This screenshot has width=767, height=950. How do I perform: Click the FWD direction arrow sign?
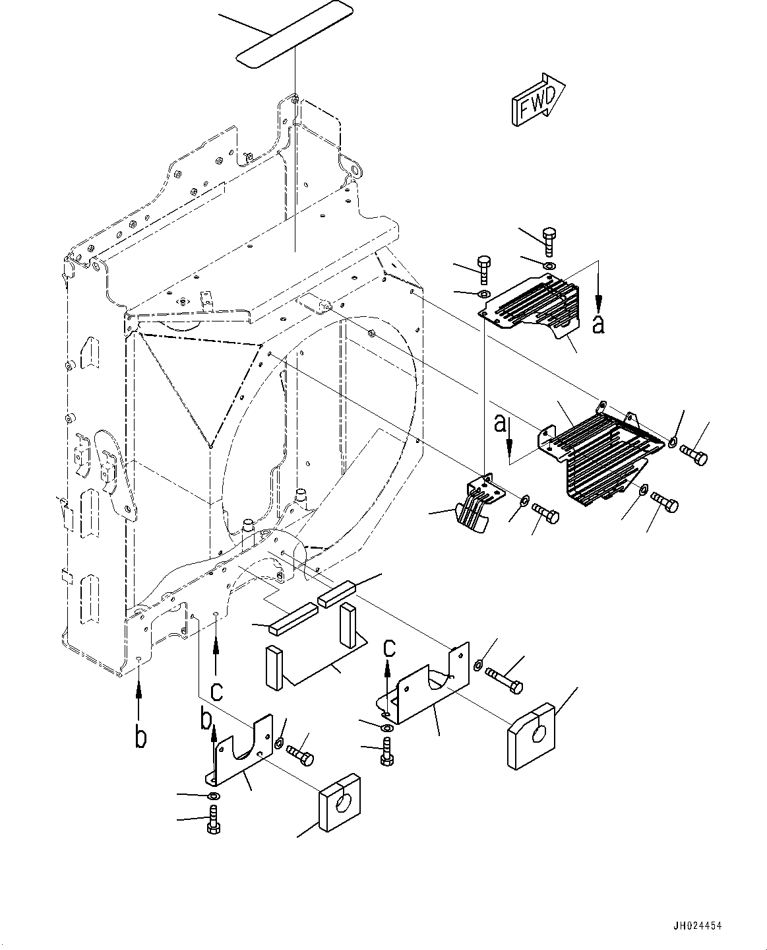(537, 99)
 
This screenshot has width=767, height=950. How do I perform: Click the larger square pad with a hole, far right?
(533, 736)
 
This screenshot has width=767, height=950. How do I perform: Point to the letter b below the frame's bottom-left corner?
(139, 738)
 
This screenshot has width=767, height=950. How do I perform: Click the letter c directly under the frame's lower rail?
(216, 691)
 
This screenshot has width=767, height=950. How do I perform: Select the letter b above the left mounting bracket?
(206, 719)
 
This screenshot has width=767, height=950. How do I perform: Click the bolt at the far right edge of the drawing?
(692, 454)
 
